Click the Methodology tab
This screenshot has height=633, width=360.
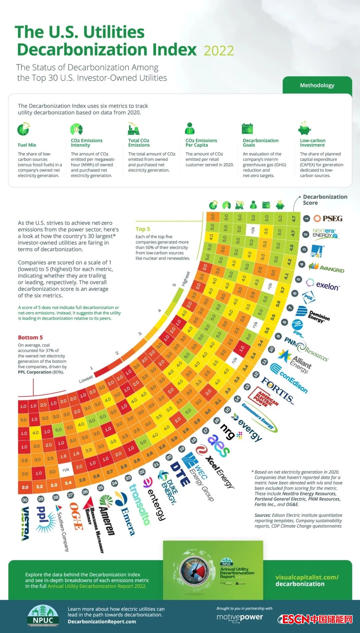(317, 85)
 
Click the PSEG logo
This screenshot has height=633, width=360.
(328, 219)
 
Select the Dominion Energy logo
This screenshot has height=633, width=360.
(313, 315)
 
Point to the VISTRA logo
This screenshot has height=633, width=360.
(25, 523)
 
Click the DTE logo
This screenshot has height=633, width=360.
(180, 473)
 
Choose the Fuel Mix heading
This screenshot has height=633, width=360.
(27, 145)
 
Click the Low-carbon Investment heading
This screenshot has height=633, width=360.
(312, 143)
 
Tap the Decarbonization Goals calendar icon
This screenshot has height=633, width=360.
(247, 129)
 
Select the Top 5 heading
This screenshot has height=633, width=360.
(143, 229)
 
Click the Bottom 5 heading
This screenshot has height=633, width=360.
(30, 337)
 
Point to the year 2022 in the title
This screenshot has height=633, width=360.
(219, 51)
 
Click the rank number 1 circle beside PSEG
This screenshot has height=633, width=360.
(306, 219)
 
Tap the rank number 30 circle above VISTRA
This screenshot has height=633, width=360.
(25, 500)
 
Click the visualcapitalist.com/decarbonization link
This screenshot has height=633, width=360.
(307, 580)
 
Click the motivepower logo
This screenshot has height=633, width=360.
(240, 617)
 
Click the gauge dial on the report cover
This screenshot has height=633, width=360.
(194, 571)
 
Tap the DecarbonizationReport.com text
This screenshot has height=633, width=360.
(102, 622)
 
